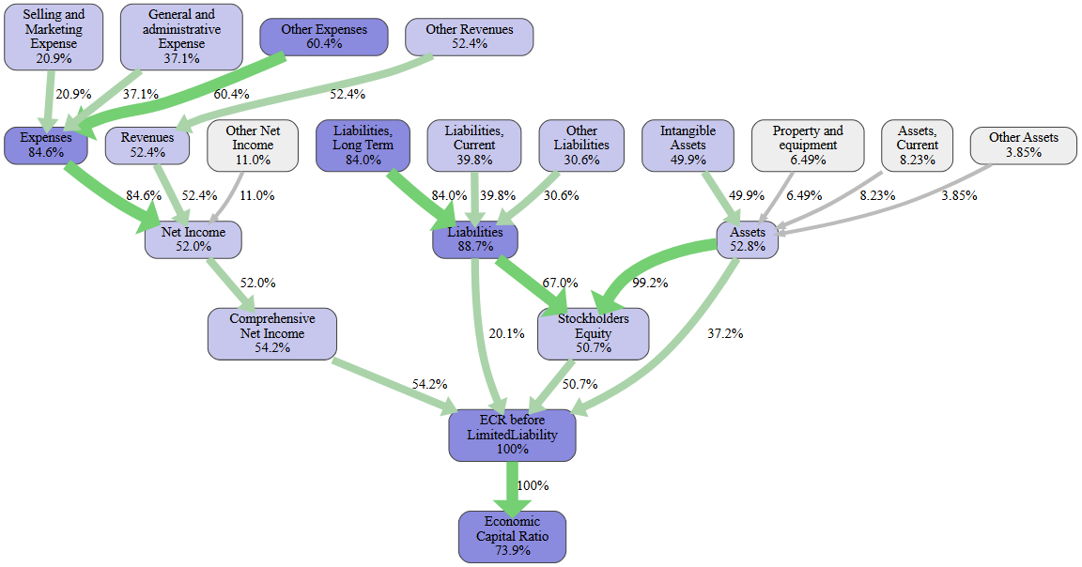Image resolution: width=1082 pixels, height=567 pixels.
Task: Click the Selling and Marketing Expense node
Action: [x=54, y=37]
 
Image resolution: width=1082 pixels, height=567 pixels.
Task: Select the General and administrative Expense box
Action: [x=181, y=37]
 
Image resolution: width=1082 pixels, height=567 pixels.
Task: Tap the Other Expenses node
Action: [x=324, y=37]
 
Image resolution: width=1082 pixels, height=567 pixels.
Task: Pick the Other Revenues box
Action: [x=470, y=37]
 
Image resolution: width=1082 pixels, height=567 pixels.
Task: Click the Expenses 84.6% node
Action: [x=46, y=146]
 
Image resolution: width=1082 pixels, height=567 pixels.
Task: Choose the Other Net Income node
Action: [x=253, y=146]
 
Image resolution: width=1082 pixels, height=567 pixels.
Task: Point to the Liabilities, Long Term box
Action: [x=363, y=146]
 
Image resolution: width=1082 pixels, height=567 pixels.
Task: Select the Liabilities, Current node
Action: [x=474, y=146]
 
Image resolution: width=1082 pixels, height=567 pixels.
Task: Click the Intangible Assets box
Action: [x=688, y=146]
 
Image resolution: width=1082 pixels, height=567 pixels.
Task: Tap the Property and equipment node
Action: [x=808, y=146]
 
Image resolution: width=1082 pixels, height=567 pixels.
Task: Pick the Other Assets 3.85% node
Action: [x=1024, y=145]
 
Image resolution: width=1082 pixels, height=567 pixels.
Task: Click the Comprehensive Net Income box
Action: [x=272, y=333]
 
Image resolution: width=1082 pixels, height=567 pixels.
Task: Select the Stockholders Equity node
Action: [x=594, y=333]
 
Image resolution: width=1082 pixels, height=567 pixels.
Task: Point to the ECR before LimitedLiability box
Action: [x=512, y=435]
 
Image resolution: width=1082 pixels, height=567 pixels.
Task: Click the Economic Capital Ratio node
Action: [x=513, y=536]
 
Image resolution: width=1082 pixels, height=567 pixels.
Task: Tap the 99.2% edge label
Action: [x=651, y=283]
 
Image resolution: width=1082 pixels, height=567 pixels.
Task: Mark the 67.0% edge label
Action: [x=560, y=283]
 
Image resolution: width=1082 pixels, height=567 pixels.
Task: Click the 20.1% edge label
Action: [x=507, y=333]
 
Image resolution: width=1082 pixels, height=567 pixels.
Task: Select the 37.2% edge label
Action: [x=725, y=333]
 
